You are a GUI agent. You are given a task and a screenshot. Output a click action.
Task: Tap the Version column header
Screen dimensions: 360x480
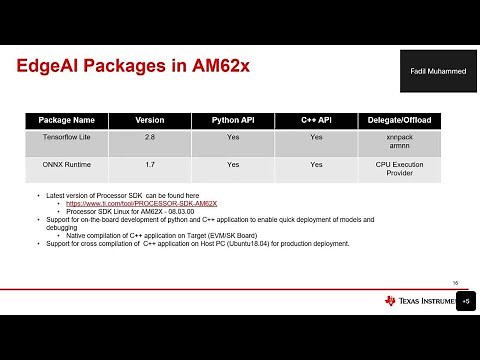(150, 120)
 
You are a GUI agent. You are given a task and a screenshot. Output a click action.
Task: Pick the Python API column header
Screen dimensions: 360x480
(233, 120)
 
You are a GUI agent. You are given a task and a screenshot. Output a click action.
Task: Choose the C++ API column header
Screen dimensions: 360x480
(316, 120)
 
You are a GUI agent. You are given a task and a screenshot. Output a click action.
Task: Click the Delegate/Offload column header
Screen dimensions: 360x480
(399, 120)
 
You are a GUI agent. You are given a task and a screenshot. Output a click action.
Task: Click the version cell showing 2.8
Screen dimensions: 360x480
(150, 137)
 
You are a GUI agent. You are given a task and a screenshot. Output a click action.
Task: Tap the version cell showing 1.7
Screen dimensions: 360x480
(150, 164)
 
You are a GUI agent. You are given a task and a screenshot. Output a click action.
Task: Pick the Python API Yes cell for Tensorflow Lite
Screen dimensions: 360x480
(233, 137)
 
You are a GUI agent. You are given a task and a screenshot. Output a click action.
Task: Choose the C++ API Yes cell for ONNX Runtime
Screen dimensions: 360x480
(316, 164)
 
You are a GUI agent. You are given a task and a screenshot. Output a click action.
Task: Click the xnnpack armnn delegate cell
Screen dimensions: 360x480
(399, 142)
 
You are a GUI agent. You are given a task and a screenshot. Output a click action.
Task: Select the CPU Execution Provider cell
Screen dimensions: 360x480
(399, 169)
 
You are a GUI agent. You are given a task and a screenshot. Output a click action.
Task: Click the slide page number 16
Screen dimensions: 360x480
(455, 283)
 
